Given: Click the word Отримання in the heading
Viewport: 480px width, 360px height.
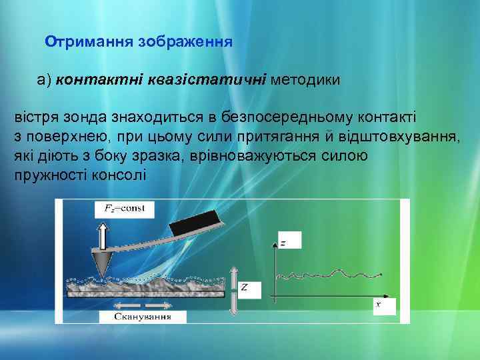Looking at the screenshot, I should tap(89, 41).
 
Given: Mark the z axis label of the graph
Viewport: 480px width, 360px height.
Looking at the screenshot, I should tap(285, 243).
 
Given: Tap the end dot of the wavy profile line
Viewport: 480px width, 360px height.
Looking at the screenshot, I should tap(381, 273).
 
